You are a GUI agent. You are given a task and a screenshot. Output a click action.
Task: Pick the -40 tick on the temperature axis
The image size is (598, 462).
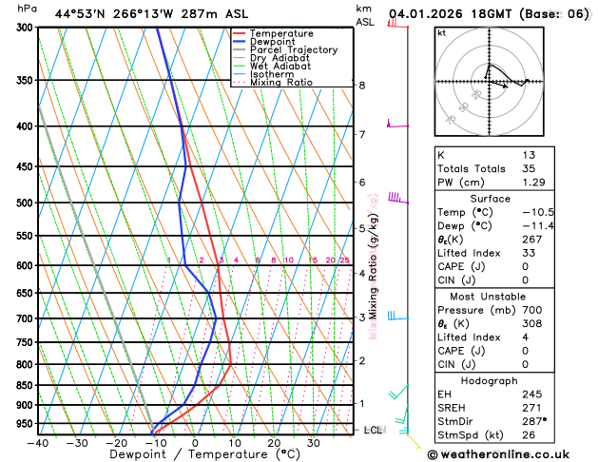(38, 443)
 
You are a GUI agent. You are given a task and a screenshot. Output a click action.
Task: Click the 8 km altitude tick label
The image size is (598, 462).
(362, 86)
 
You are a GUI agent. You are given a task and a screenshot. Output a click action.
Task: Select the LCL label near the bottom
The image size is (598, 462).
(373, 430)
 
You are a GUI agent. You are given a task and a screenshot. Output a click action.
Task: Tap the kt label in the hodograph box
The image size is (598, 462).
(441, 32)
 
